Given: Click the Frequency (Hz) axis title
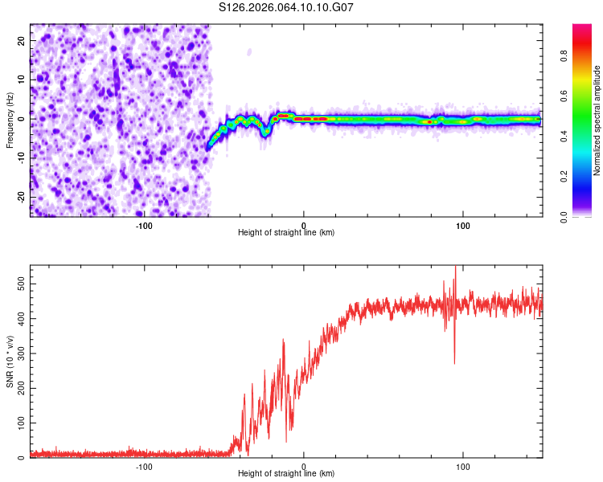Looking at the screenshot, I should coord(9,120).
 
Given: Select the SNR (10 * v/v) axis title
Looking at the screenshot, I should coord(9,361).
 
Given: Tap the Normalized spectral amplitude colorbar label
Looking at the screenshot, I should coord(597,120).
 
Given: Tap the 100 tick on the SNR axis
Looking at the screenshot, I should coord(16,423).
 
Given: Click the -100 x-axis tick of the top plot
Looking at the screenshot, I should coord(144,225).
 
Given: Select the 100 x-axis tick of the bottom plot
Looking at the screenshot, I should coord(463,466).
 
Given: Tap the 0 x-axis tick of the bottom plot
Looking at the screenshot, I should coord(304,466).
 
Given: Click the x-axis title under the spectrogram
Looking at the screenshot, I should coord(286,233).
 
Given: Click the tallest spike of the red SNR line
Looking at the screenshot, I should coord(455,268).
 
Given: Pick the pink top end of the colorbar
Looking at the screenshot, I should coord(582,27).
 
